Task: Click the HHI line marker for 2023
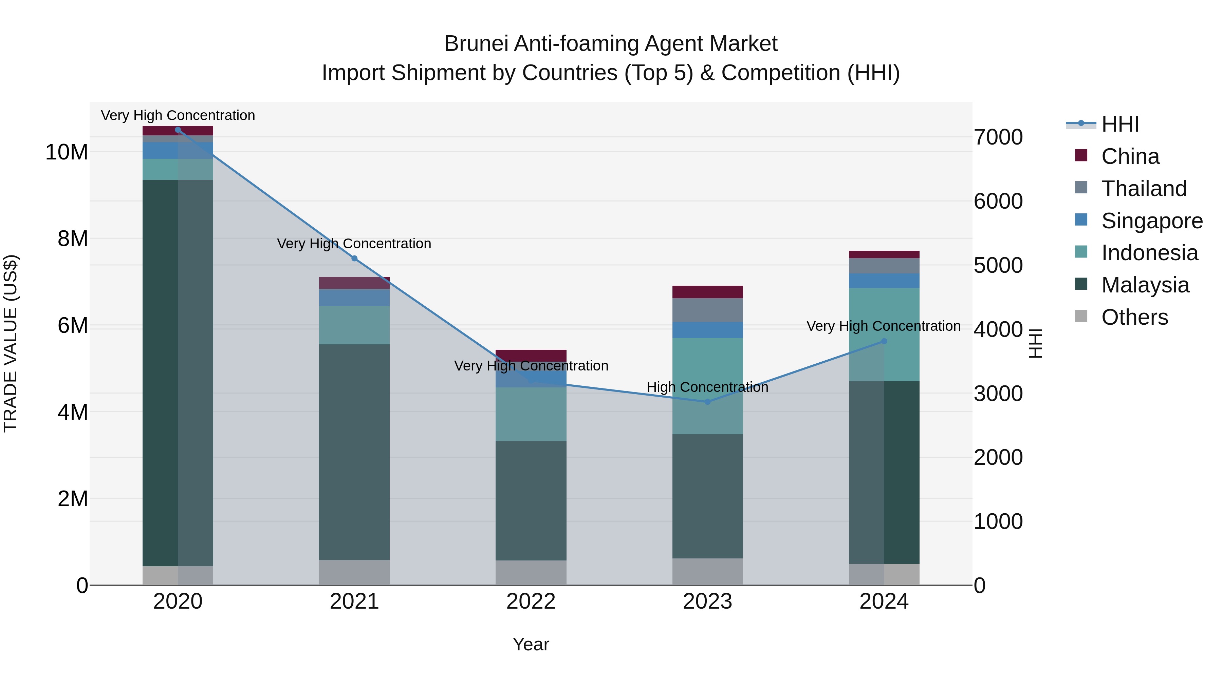pyautogui.click(x=707, y=402)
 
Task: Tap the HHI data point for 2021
pyautogui.click(x=354, y=259)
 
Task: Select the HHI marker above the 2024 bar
pyautogui.click(x=884, y=341)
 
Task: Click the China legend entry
pyautogui.click(x=1130, y=156)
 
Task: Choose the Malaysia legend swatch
pyautogui.click(x=1081, y=285)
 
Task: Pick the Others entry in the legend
pyautogui.click(x=1134, y=317)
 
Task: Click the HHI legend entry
pyautogui.click(x=1119, y=124)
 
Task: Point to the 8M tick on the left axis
pyautogui.click(x=73, y=238)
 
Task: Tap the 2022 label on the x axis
pyautogui.click(x=531, y=602)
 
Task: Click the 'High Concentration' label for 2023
pyautogui.click(x=707, y=387)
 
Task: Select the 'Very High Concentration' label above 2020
pyautogui.click(x=178, y=115)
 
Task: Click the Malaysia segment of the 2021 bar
pyautogui.click(x=354, y=451)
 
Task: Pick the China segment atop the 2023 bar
pyautogui.click(x=707, y=291)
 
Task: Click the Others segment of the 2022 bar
pyautogui.click(x=531, y=572)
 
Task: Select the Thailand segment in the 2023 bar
pyautogui.click(x=707, y=310)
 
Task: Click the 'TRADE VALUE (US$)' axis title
pyautogui.click(x=11, y=343)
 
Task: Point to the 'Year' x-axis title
pyautogui.click(x=531, y=644)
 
